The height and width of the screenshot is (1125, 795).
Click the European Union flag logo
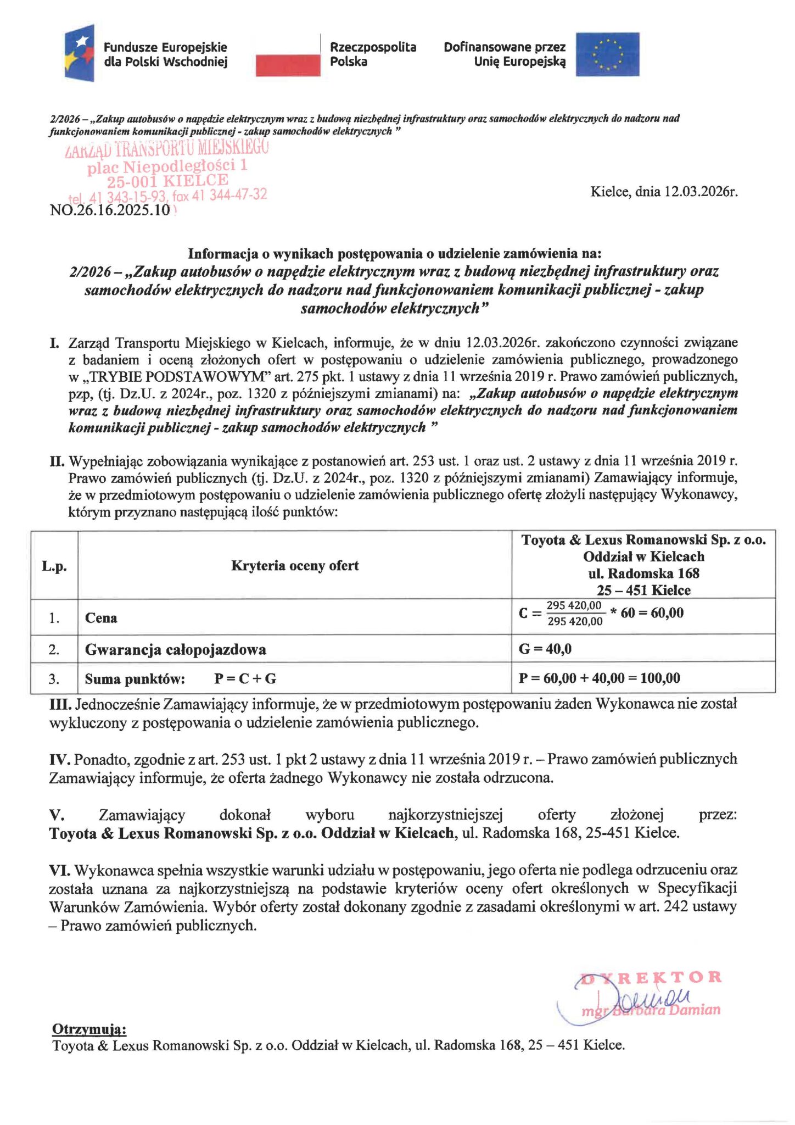[x=607, y=54]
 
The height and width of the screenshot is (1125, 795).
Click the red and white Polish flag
[x=288, y=55]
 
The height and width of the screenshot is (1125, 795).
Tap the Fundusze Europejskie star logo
[x=80, y=53]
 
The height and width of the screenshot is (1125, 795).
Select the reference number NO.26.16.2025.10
[x=110, y=210]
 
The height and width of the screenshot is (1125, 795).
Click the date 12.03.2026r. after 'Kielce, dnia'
[x=701, y=192]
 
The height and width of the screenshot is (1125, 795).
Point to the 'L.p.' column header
[x=54, y=566]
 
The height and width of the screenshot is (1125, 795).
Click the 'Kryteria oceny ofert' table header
[x=295, y=566]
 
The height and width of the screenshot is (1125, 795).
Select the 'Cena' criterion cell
[x=101, y=618]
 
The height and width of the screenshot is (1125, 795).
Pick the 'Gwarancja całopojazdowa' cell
[x=175, y=650]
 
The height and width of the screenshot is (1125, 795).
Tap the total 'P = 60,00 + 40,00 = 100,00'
[x=599, y=678]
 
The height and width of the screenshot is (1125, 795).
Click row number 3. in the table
[x=54, y=679]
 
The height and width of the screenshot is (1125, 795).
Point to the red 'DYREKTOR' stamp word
[x=651, y=977]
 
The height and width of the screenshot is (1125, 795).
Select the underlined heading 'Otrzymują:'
[x=89, y=1028]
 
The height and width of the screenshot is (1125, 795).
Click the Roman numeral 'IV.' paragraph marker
[x=59, y=760]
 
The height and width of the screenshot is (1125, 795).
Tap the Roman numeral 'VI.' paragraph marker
[x=59, y=870]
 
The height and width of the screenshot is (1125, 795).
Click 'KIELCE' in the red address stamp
[x=195, y=181]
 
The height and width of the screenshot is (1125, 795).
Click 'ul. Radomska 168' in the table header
[x=643, y=573]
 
